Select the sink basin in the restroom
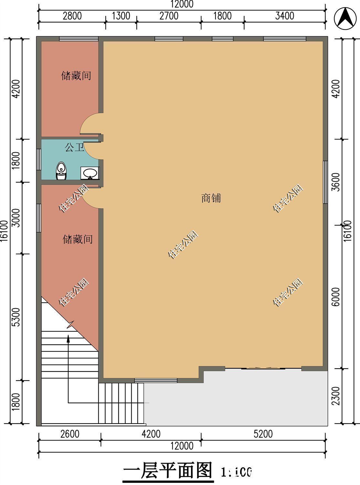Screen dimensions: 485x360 coord(90,173)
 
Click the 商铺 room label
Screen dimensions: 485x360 coord(211,198)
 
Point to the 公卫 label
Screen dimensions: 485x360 coord(74,148)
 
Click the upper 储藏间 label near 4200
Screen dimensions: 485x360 coord(76,76)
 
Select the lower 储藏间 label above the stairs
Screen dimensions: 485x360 coord(78,239)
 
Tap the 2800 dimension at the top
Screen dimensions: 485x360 coord(72,16)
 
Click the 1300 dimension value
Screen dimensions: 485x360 coord(121,16)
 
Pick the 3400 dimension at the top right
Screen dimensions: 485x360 coord(284,16)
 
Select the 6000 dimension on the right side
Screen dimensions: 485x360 coord(336,296)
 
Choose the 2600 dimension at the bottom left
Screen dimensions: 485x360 coord(70,434)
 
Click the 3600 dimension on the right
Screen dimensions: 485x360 coord(336,182)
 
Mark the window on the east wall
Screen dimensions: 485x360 coord(325,182)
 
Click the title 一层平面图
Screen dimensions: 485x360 coord(168,470)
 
